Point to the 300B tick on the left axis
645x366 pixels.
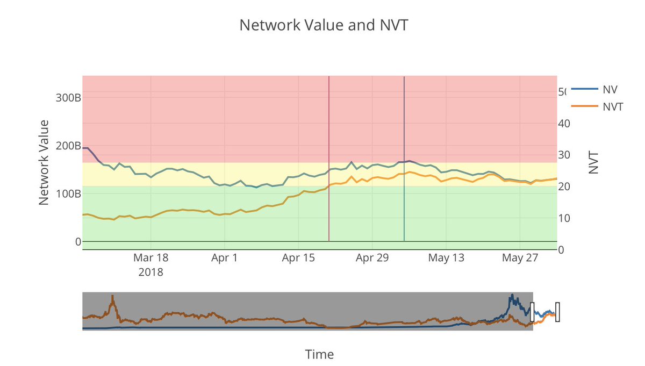point(69,98)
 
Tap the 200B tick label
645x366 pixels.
point(69,146)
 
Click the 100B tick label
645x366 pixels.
point(69,193)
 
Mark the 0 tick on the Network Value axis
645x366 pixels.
point(78,242)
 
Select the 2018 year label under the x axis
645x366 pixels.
point(150,272)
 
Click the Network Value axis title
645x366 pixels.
point(45,162)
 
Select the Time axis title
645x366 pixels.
point(319,355)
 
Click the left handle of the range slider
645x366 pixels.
point(533,312)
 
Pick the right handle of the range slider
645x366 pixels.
point(557,312)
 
